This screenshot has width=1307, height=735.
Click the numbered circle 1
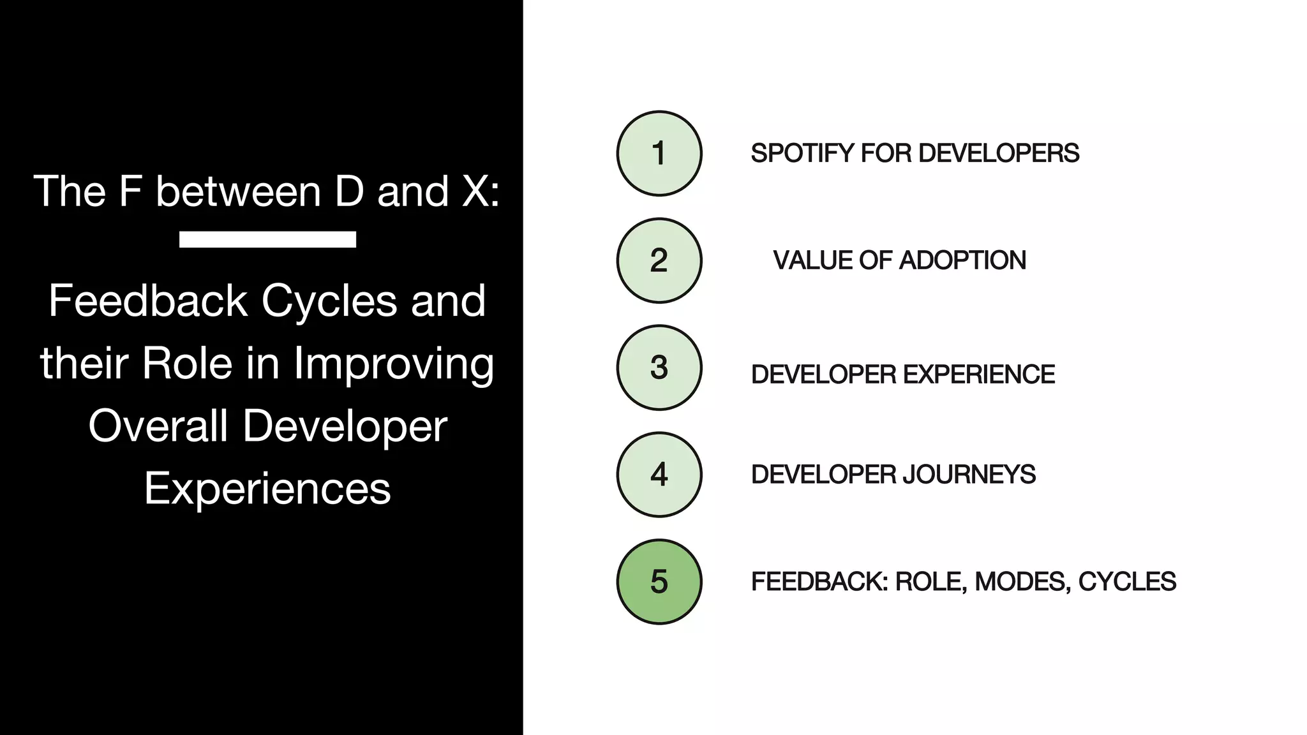pyautogui.click(x=659, y=153)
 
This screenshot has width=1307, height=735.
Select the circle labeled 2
pyautogui.click(x=659, y=260)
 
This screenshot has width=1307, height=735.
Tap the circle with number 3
pyautogui.click(x=659, y=367)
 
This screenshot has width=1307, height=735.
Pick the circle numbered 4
pyautogui.click(x=659, y=475)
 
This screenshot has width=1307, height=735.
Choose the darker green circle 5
pyautogui.click(x=659, y=582)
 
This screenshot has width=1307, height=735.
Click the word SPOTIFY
pyautogui.click(x=802, y=154)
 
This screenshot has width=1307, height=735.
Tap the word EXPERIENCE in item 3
pyautogui.click(x=979, y=375)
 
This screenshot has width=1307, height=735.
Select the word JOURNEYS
pyautogui.click(x=969, y=475)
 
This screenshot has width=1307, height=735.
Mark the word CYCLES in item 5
pyautogui.click(x=1127, y=582)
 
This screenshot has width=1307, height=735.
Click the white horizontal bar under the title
pyautogui.click(x=267, y=239)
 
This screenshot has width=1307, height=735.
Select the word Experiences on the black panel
pyautogui.click(x=267, y=489)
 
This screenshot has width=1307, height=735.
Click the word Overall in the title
pyautogui.click(x=158, y=426)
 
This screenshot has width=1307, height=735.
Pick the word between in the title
pyautogui.click(x=238, y=191)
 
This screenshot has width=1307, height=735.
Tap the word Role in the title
pyautogui.click(x=187, y=363)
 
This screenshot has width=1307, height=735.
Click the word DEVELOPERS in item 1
pyautogui.click(x=999, y=154)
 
